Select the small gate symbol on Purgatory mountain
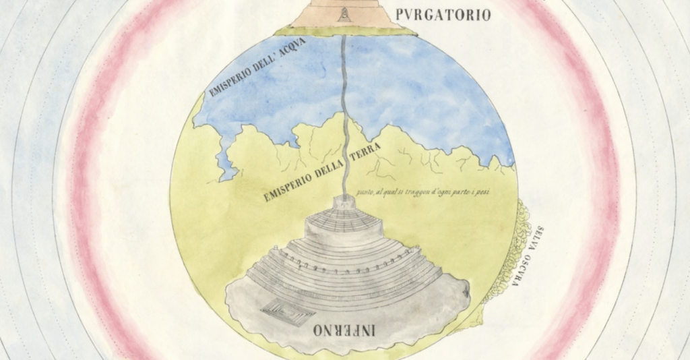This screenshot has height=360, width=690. click(x=344, y=14)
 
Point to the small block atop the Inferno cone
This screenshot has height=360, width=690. click(x=345, y=200)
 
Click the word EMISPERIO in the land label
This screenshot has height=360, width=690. click(x=285, y=187)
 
